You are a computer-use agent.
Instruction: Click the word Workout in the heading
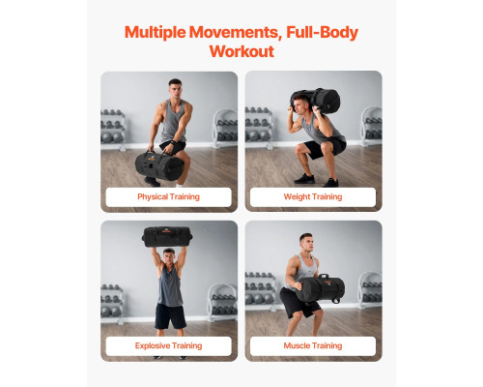pos(241,51)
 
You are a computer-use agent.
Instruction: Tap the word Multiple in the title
pos(156,32)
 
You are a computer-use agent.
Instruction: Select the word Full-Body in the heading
pos(322,32)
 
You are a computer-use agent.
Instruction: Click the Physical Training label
pos(168,196)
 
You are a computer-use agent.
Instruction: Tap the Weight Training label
pos(313,196)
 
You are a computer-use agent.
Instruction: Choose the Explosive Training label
pos(168,345)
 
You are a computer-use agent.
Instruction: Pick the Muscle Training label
pos(313,345)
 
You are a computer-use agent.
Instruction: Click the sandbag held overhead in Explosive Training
pos(167,236)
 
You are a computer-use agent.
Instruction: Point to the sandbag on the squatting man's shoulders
pos(316,101)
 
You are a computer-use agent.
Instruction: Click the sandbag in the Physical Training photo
pos(159,165)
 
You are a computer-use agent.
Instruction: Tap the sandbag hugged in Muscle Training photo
pos(321,288)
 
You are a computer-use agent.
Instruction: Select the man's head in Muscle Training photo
pos(306,242)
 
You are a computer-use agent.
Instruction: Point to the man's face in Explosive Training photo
pos(169,256)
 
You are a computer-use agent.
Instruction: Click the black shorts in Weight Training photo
pos(325,147)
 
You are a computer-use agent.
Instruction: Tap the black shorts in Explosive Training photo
pos(170,316)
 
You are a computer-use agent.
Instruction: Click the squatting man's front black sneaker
pos(304,178)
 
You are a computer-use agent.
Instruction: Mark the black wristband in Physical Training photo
pos(173,143)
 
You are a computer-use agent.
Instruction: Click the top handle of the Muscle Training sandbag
pos(324,276)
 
